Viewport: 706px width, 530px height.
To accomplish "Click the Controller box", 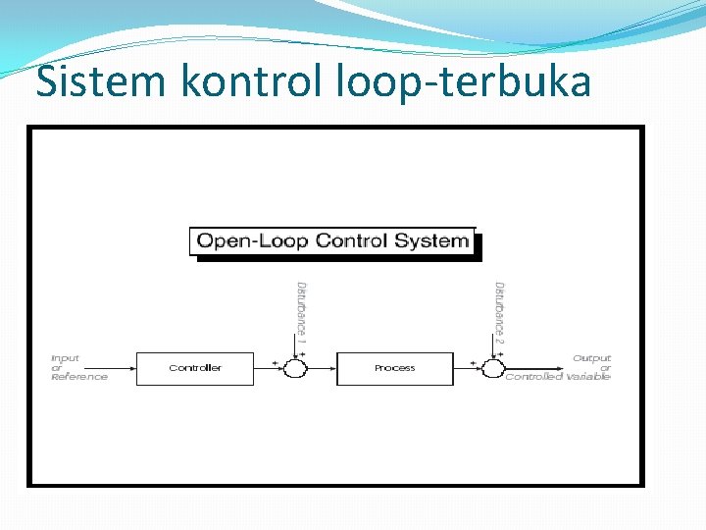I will (x=195, y=368).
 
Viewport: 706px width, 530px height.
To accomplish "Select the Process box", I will (x=395, y=368).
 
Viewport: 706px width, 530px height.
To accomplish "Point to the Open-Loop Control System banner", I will (x=332, y=241).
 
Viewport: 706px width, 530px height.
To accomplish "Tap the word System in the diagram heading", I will (x=431, y=241).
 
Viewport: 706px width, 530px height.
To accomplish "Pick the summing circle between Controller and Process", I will (x=295, y=368).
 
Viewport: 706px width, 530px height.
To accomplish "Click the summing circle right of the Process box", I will (x=492, y=368).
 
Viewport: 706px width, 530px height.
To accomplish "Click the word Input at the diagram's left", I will (x=66, y=358).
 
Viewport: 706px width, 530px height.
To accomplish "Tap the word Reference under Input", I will (x=79, y=377).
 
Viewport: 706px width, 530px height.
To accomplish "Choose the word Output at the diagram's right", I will (x=591, y=358).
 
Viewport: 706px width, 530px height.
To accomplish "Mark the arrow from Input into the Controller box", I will (x=124, y=368).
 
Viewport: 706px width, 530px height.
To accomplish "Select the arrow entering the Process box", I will (x=324, y=368).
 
